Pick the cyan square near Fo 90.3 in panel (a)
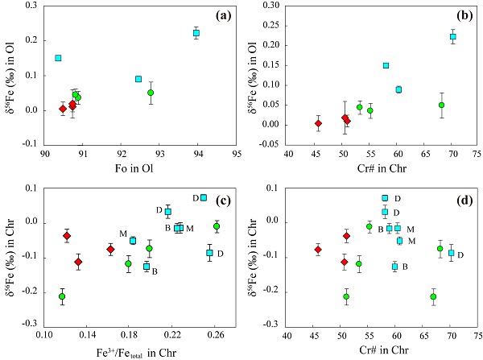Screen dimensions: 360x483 click(x=58, y=58)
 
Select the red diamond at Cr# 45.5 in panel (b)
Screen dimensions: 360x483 click(x=318, y=123)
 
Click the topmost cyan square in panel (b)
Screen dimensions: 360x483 click(x=453, y=37)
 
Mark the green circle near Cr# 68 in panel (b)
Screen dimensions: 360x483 click(x=441, y=105)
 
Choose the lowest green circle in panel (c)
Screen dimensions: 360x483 click(x=62, y=296)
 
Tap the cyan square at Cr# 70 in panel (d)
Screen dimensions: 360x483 click(x=452, y=253)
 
